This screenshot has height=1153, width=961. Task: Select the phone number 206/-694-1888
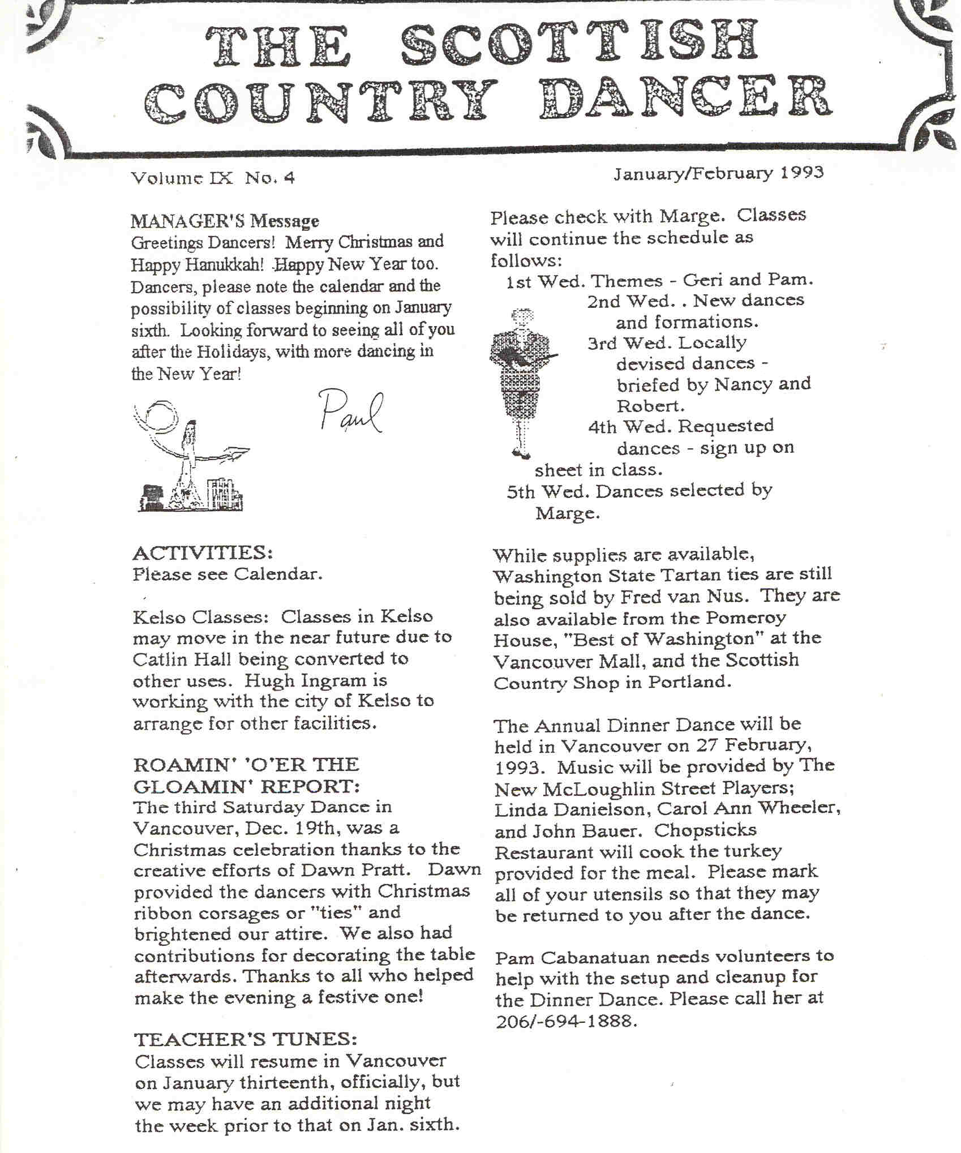563,1021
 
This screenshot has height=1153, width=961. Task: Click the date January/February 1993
718,173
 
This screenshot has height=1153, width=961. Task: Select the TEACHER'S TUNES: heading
246,1039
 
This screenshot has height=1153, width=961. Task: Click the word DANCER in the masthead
687,101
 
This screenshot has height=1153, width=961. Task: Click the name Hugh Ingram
316,680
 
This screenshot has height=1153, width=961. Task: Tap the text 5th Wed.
547,491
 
